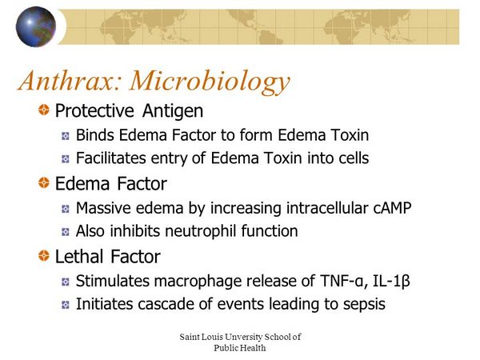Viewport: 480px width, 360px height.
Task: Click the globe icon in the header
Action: (x=36, y=26)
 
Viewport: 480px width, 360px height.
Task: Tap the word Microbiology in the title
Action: (x=210, y=82)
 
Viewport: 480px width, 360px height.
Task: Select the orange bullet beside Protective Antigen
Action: (x=44, y=110)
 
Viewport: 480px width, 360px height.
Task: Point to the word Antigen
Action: (x=173, y=111)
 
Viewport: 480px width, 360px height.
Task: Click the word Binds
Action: (x=95, y=135)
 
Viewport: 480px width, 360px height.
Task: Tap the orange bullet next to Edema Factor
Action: (x=44, y=182)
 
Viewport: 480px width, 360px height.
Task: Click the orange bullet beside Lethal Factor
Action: (x=44, y=256)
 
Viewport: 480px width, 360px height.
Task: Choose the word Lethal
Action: (x=79, y=257)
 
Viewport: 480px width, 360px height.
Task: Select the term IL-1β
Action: (x=391, y=282)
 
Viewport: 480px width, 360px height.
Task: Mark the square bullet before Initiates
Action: (x=66, y=305)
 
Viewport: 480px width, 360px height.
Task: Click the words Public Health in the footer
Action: (x=240, y=348)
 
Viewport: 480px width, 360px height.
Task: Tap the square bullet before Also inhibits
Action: (x=66, y=232)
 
